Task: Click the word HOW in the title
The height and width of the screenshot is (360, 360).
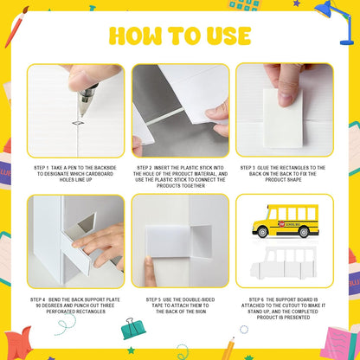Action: pos(135,35)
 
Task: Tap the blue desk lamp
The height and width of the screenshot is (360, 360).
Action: pos(337,22)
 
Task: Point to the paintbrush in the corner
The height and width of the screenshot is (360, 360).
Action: pos(16,27)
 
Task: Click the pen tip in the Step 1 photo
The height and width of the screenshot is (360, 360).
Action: pos(81,114)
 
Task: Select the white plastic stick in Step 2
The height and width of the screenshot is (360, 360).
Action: pos(164,116)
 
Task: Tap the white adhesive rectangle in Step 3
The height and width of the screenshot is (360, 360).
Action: pos(283,118)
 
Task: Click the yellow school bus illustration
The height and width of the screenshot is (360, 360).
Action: pos(286,222)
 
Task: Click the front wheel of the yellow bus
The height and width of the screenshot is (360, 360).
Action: pos(262,232)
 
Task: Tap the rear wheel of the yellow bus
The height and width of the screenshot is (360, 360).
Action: pos(304,232)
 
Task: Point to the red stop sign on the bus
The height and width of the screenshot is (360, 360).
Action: pos(281,223)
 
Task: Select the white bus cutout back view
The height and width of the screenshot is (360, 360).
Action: pos(283,262)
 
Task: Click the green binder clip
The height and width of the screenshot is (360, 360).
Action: pos(133,329)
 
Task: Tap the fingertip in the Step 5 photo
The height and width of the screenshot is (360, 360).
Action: pos(149,261)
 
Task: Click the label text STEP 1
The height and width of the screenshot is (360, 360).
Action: pos(42,168)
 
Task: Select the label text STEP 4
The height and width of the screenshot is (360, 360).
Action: pos(38,299)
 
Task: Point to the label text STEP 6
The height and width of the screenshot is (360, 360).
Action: pos(256,299)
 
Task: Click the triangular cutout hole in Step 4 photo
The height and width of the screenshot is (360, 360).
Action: pos(87,223)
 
